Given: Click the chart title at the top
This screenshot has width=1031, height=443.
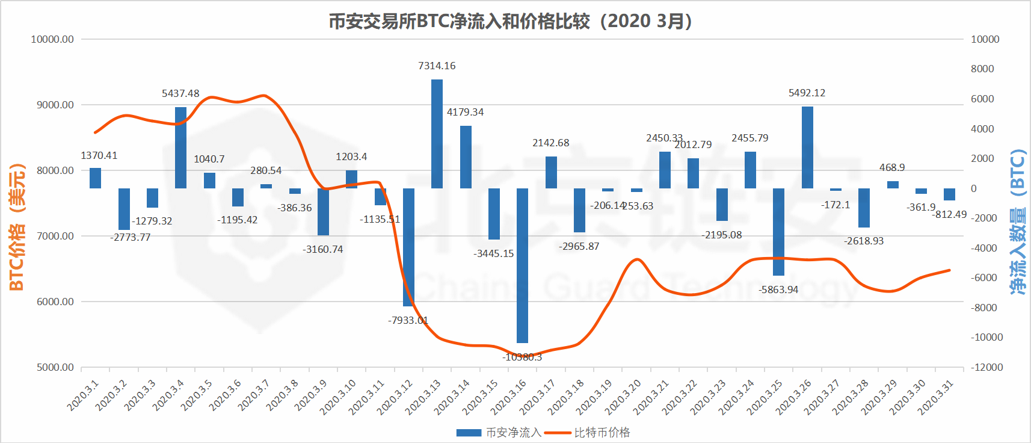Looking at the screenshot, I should coord(510,21).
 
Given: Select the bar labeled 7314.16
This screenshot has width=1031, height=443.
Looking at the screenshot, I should coord(437,134).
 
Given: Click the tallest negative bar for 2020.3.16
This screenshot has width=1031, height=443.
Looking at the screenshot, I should coord(522,265).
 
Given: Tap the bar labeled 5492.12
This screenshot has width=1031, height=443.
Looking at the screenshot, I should coord(807,147).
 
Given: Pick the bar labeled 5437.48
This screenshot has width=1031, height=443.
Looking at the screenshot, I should coord(180,147).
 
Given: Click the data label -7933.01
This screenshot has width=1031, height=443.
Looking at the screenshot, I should coord(408,320).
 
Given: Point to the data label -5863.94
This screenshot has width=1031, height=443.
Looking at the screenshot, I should coord(778,290).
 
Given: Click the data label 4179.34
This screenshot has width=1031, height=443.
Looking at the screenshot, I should coord(465,112).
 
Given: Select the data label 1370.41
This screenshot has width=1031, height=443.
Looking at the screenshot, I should coord(99,155).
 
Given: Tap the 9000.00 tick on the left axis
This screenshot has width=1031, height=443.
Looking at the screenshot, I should coord(55,105).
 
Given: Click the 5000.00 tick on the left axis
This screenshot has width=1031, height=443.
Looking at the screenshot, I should coord(55,367).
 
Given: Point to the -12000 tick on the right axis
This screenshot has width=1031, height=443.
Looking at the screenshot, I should coord(986,367).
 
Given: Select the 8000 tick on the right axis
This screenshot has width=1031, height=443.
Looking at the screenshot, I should coord(982,69).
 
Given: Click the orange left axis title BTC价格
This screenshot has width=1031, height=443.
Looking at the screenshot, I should coord(17,228).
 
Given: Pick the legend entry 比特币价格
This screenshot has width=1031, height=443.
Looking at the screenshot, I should coord(602,432).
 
